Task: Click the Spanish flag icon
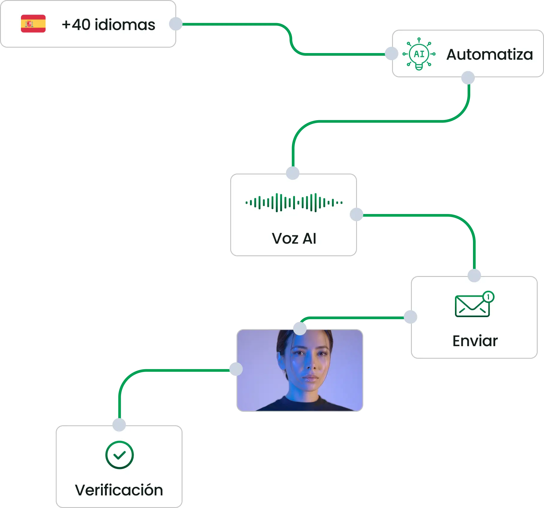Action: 33,24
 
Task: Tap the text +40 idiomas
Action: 108,25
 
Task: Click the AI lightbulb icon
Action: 419,54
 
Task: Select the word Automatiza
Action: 489,55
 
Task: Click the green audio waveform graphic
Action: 294,203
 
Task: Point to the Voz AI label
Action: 294,239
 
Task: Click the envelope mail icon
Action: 472,306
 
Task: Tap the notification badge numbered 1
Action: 488,297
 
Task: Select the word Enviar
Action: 475,341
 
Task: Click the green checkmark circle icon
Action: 119,455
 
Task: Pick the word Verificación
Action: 119,490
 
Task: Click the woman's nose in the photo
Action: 311,366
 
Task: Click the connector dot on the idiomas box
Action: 176,24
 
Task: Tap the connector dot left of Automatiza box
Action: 391,53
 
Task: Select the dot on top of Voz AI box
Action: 293,173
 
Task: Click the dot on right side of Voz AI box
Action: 357,214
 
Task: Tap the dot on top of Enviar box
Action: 474,275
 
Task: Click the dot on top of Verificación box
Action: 119,424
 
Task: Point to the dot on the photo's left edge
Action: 235,369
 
